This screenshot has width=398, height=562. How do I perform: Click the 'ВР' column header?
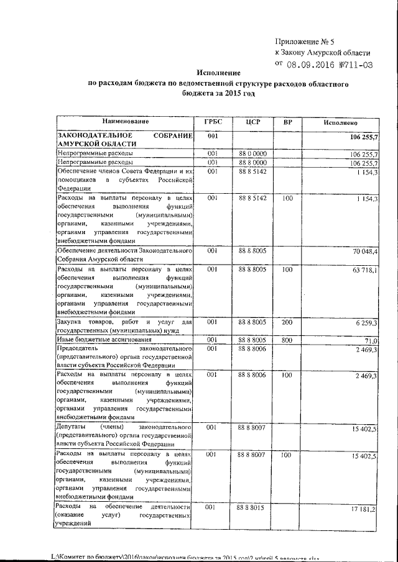[287, 122]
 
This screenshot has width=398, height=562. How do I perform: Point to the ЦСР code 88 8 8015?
[252, 508]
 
